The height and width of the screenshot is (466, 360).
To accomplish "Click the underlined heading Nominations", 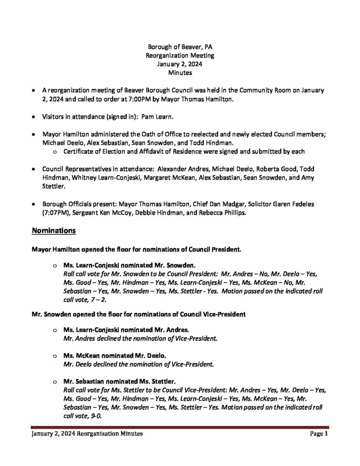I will click(53, 231).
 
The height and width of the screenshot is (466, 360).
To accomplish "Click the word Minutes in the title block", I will click(180, 72).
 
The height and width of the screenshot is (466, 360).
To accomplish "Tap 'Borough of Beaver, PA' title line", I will click(180, 47).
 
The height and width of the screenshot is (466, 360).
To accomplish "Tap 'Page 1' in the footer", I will click(319, 434).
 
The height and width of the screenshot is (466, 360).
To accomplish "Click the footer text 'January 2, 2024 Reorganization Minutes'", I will click(87, 434).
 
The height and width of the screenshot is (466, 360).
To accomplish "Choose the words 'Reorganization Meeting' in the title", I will click(180, 56).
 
